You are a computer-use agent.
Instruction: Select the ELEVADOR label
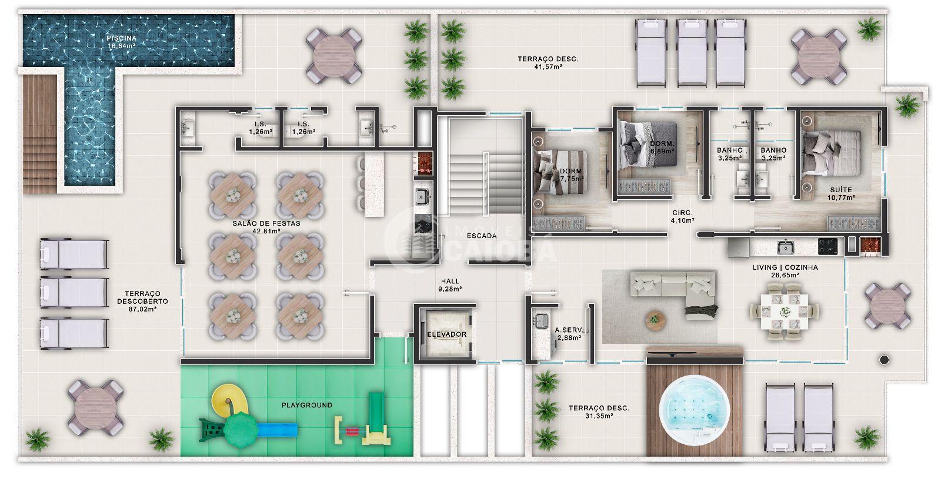click(x=446, y=334)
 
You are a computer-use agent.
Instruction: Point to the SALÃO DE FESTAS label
click(x=266, y=223)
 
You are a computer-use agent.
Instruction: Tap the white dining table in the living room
click(x=785, y=311)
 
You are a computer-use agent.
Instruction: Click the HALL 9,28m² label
click(x=450, y=285)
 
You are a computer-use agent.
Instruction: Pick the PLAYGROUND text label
click(x=306, y=405)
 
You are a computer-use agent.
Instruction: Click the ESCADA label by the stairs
click(x=482, y=236)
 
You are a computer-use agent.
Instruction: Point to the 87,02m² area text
click(x=143, y=309)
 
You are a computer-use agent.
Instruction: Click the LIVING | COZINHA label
click(x=785, y=267)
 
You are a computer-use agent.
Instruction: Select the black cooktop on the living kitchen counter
click(x=827, y=246)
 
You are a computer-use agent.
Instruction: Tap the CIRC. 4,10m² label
click(x=682, y=217)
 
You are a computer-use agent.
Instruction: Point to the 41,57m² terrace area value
click(x=548, y=67)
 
